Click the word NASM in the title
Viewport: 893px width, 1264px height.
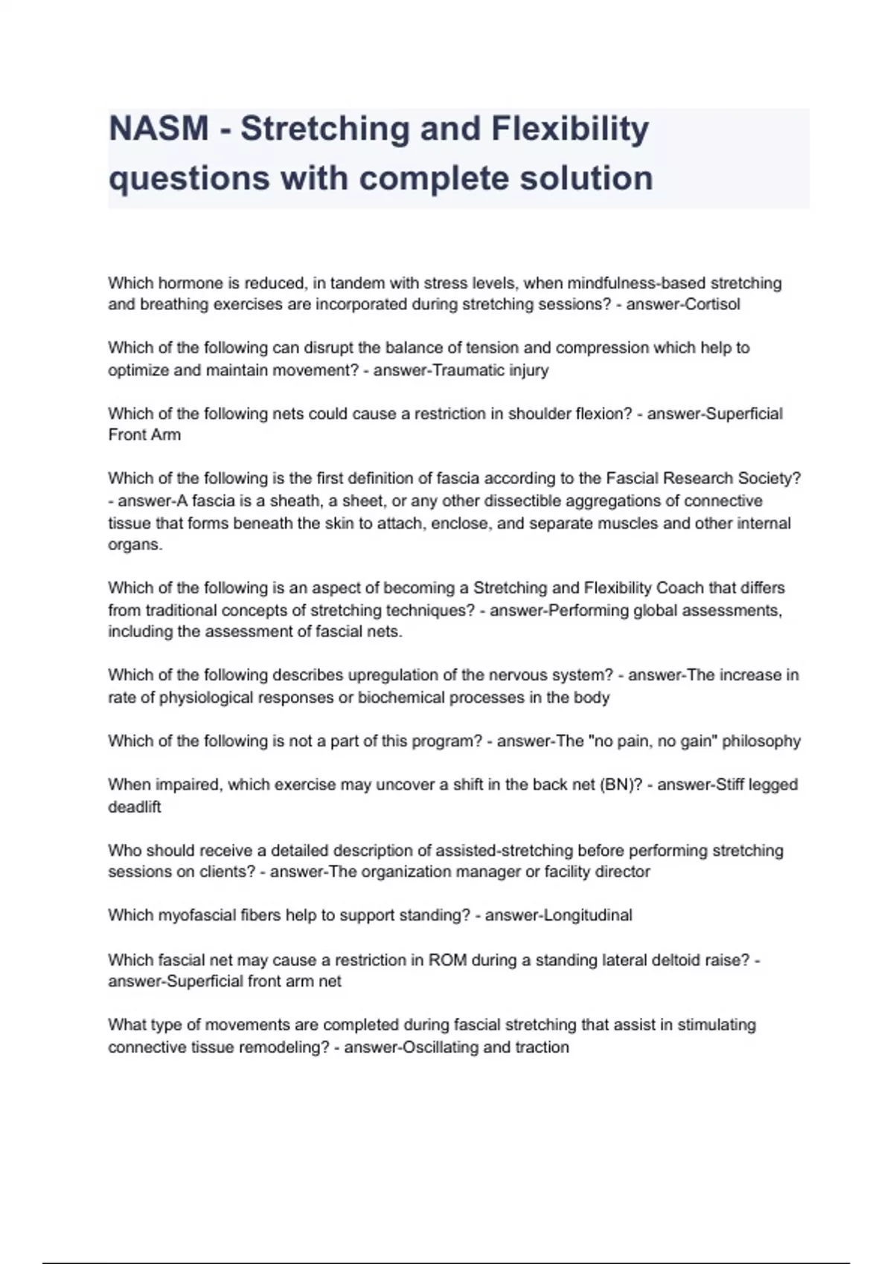click(159, 129)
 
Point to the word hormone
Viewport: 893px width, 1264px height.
click(189, 283)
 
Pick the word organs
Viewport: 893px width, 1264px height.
click(134, 544)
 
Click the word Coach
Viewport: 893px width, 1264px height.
click(679, 587)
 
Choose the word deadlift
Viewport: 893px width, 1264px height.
click(134, 807)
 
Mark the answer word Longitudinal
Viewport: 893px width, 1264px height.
click(589, 915)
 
